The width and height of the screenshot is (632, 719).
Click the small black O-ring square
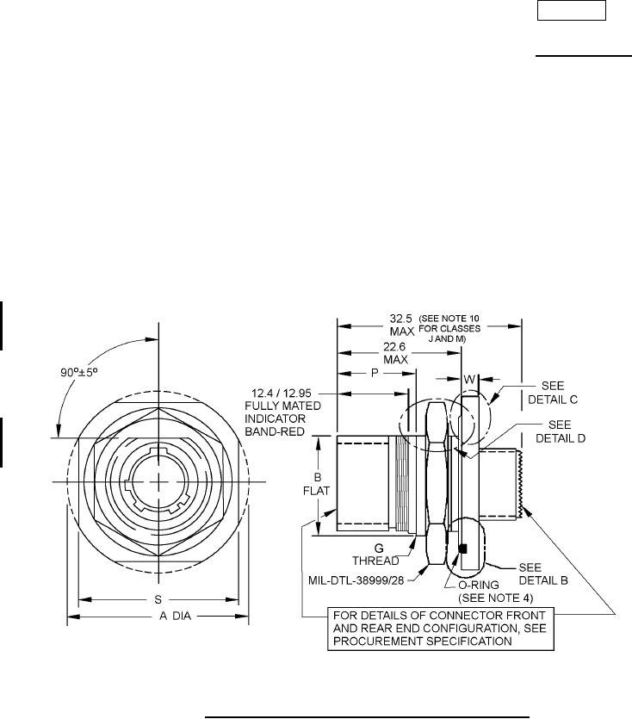(463, 549)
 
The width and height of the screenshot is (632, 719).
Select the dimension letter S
(159, 599)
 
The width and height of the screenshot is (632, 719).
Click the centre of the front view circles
(159, 480)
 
